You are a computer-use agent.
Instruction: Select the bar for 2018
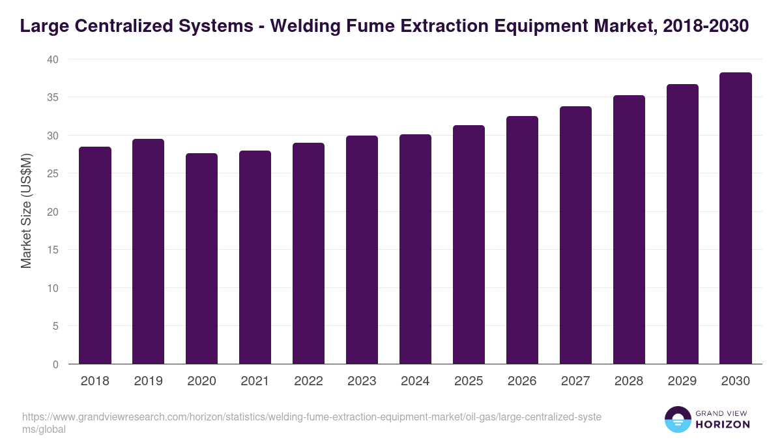click(x=95, y=256)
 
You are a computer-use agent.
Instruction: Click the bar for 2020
click(x=202, y=259)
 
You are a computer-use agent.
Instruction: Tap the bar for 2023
click(x=362, y=250)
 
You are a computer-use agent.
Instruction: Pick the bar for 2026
click(x=522, y=240)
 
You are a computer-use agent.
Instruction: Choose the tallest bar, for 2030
click(x=736, y=218)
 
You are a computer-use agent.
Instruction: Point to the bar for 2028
click(x=629, y=229)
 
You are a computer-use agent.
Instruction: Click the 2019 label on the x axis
click(x=149, y=381)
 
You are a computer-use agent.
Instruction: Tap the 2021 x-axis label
click(x=255, y=381)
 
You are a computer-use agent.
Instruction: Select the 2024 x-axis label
click(x=415, y=381)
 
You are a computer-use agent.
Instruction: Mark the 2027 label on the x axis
click(x=575, y=381)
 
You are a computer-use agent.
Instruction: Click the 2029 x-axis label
click(x=682, y=381)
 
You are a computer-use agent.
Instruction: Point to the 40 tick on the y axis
click(x=52, y=59)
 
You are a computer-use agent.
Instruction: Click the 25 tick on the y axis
click(x=52, y=174)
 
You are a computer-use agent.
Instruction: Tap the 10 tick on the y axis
click(x=52, y=288)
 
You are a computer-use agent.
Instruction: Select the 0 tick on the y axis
click(x=55, y=364)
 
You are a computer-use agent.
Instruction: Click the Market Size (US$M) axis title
click(x=26, y=212)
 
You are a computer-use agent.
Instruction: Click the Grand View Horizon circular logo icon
click(x=677, y=419)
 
